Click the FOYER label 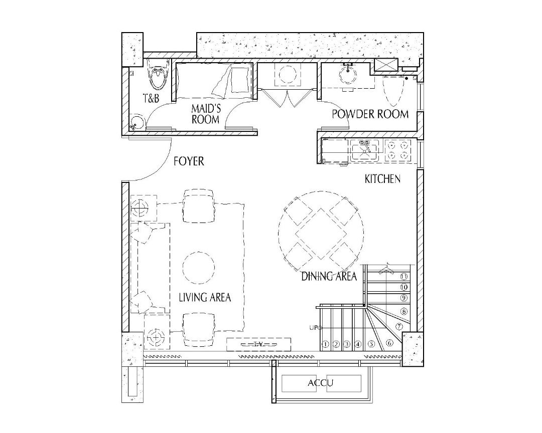(189, 161)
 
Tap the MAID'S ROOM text (205, 114)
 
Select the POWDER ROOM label (370, 114)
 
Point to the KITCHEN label (382, 178)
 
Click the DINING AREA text (329, 276)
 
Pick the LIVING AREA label (205, 297)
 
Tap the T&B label (151, 99)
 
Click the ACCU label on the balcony (321, 384)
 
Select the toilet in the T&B (158, 76)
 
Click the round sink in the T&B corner (137, 122)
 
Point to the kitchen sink (366, 149)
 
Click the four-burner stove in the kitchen (397, 150)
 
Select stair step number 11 (403, 276)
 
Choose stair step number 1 (325, 344)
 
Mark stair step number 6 (389, 343)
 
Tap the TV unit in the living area (258, 344)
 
